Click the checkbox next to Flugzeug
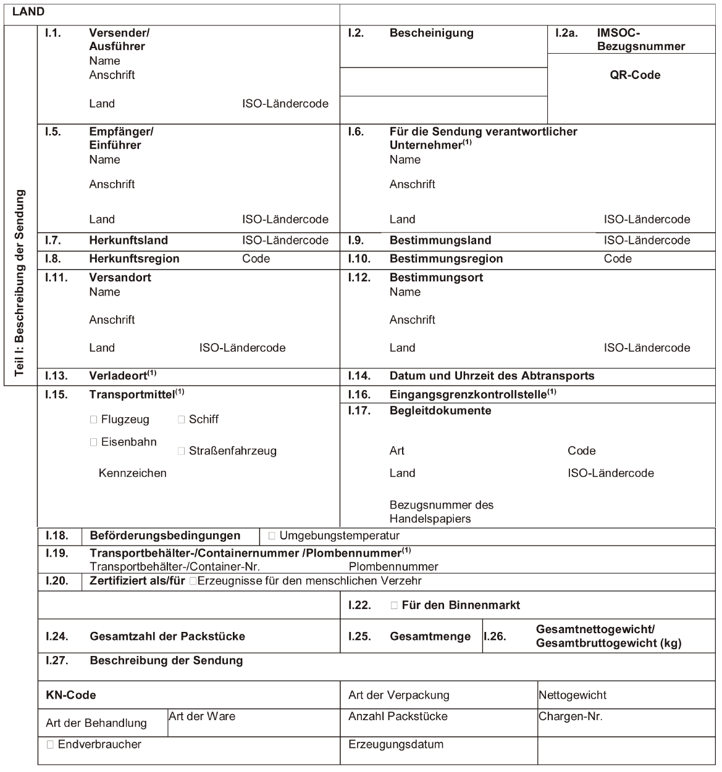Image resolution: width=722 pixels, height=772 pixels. pos(94,420)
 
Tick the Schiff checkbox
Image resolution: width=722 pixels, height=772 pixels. pos(182,420)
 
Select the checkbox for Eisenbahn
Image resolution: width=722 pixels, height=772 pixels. pos(94,442)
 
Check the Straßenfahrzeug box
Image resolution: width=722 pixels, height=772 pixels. pos(182,451)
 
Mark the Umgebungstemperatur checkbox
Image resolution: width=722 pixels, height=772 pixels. pos(272,536)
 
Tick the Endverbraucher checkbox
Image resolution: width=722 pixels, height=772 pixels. pos(50,745)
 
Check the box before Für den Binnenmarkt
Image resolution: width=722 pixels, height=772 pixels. pos(395,605)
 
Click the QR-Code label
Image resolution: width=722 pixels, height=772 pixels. pos(635,75)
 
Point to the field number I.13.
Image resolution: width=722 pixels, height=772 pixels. pos(56,376)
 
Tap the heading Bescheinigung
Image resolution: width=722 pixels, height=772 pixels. pos(431,33)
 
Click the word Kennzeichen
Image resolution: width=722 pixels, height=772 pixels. pos(132,473)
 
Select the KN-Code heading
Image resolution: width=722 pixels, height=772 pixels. pos(70,695)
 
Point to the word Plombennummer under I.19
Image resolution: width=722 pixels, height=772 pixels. pos(393,567)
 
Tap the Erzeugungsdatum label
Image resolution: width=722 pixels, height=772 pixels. pos(396,744)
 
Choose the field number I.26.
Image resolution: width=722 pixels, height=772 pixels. pos(495,636)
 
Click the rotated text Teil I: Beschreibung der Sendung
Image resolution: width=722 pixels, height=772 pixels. pos(20,283)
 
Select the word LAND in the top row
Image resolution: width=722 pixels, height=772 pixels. pos(28,12)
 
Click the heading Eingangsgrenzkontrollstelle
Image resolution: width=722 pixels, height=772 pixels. pos(468,394)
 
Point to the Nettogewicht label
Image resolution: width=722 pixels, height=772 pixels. pos(573,695)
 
